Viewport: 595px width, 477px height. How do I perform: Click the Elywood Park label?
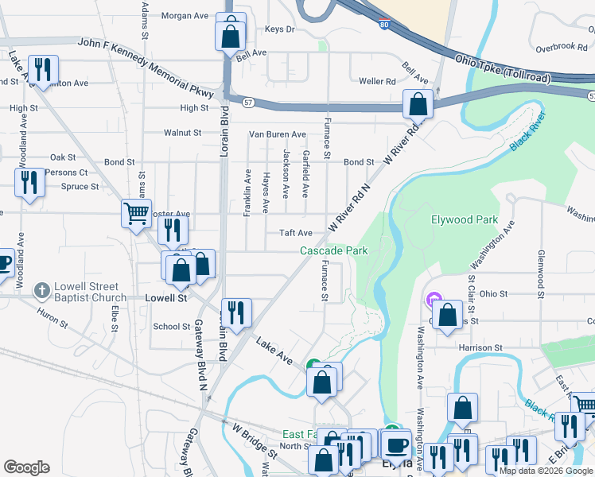coord(464,219)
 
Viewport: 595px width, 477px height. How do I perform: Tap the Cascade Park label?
coord(334,250)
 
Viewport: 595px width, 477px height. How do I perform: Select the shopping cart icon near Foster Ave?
coord(136,213)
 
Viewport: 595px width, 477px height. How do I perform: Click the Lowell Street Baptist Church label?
coord(86,292)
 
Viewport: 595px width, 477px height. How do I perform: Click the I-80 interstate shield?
coord(384,25)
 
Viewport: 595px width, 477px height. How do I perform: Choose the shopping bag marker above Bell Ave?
coord(230,36)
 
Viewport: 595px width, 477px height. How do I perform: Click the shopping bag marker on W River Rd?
coord(417,104)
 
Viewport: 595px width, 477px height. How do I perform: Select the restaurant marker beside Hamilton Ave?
coord(42,69)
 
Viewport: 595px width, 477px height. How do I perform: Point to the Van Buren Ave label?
coord(278,134)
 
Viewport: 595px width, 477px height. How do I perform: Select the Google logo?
coord(26,467)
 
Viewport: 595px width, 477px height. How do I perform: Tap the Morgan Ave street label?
coord(184,15)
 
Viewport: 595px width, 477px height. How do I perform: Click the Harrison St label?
coord(480,347)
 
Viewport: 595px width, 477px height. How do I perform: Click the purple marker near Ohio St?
coord(434,301)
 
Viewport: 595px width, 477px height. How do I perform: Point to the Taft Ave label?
coord(295,233)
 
